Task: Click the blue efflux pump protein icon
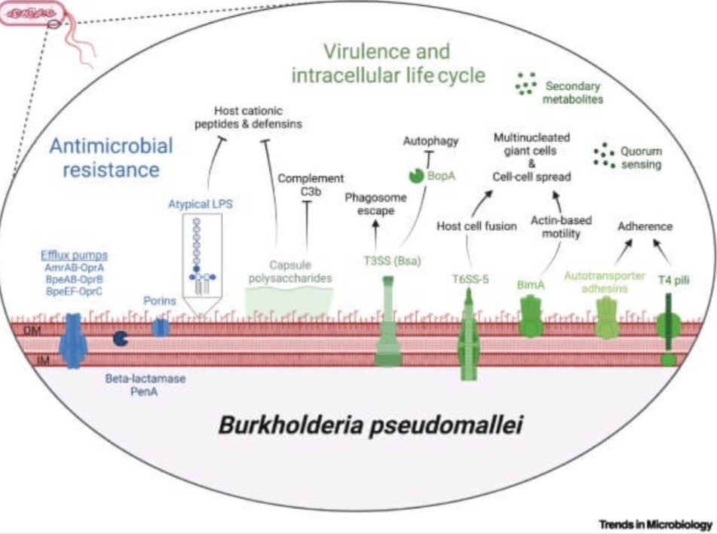[73, 340]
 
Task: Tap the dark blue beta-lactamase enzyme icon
[119, 339]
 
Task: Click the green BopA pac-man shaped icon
[416, 175]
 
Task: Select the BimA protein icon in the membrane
[532, 318]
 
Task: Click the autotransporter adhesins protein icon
[607, 317]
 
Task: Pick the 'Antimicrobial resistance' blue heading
[111, 157]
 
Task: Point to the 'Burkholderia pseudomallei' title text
[370, 425]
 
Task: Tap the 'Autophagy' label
[431, 141]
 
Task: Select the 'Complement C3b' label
[311, 185]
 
